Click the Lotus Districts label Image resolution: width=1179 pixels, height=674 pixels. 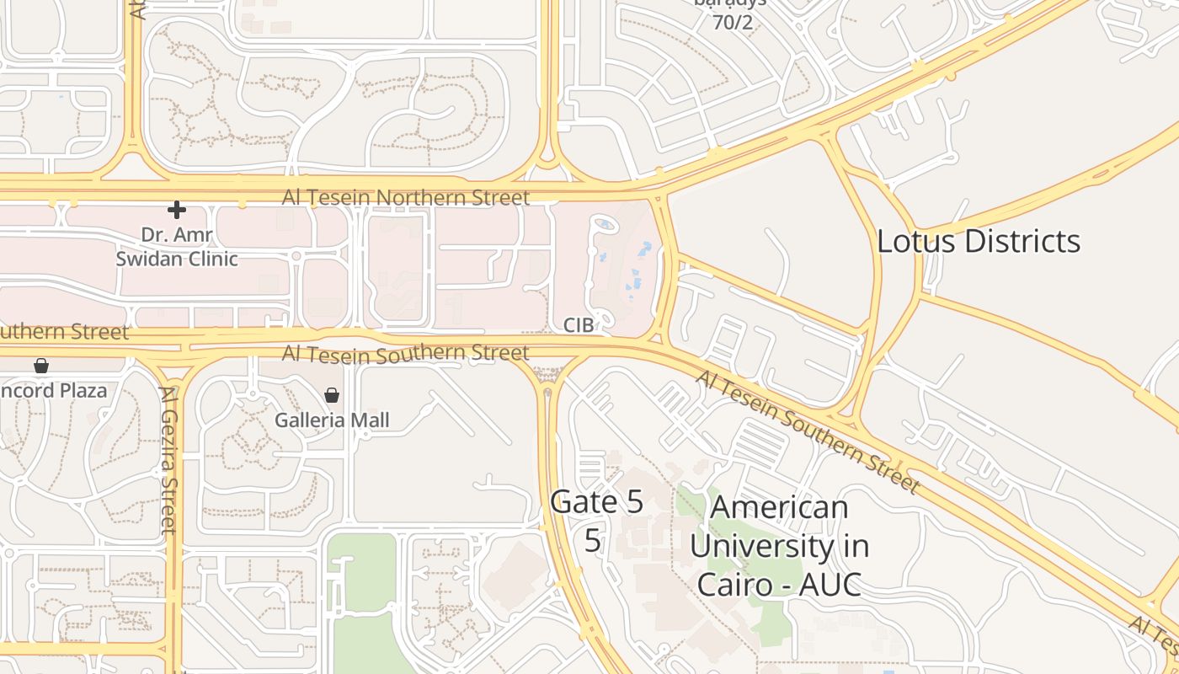979,242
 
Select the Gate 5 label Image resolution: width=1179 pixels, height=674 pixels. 596,502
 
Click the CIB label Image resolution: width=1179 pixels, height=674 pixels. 579,325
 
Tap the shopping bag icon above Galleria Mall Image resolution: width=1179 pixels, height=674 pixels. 332,395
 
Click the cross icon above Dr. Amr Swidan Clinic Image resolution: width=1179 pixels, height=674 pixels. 176,209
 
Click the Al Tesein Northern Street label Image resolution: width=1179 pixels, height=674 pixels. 405,197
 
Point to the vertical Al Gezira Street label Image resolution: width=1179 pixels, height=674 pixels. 168,460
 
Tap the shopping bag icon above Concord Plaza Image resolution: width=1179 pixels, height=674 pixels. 40,366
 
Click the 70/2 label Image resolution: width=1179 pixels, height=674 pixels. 733,23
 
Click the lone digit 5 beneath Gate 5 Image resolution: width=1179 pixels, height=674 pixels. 593,540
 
